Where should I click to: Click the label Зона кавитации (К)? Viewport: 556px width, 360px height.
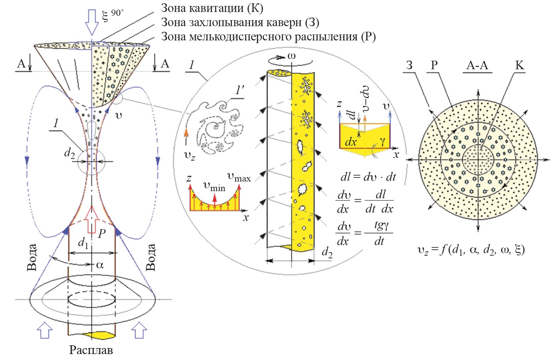[212, 8]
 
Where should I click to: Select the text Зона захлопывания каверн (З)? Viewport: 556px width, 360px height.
[240, 22]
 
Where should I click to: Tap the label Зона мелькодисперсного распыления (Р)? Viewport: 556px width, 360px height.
[268, 36]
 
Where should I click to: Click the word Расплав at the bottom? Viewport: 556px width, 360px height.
[91, 350]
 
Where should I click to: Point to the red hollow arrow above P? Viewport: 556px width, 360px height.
[92, 220]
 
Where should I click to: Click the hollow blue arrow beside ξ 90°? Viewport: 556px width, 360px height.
[92, 22]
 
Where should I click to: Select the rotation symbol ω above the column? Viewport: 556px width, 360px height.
[292, 56]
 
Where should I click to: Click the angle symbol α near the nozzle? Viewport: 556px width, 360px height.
[100, 265]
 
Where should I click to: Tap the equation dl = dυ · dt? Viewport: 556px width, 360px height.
[368, 177]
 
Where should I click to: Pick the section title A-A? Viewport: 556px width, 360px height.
[477, 65]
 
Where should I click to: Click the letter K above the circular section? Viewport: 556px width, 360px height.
[520, 65]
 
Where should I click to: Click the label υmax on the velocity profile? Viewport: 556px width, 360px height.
[239, 177]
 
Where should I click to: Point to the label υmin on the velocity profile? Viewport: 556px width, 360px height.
[214, 187]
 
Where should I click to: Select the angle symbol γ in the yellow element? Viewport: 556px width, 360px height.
[382, 141]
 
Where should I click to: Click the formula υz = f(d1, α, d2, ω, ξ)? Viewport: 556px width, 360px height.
[471, 250]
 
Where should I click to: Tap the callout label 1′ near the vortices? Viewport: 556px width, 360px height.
[239, 90]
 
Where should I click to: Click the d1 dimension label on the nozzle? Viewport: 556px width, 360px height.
[83, 243]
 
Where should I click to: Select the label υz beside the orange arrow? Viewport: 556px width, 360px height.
[189, 156]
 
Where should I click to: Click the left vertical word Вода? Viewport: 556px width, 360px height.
[32, 257]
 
